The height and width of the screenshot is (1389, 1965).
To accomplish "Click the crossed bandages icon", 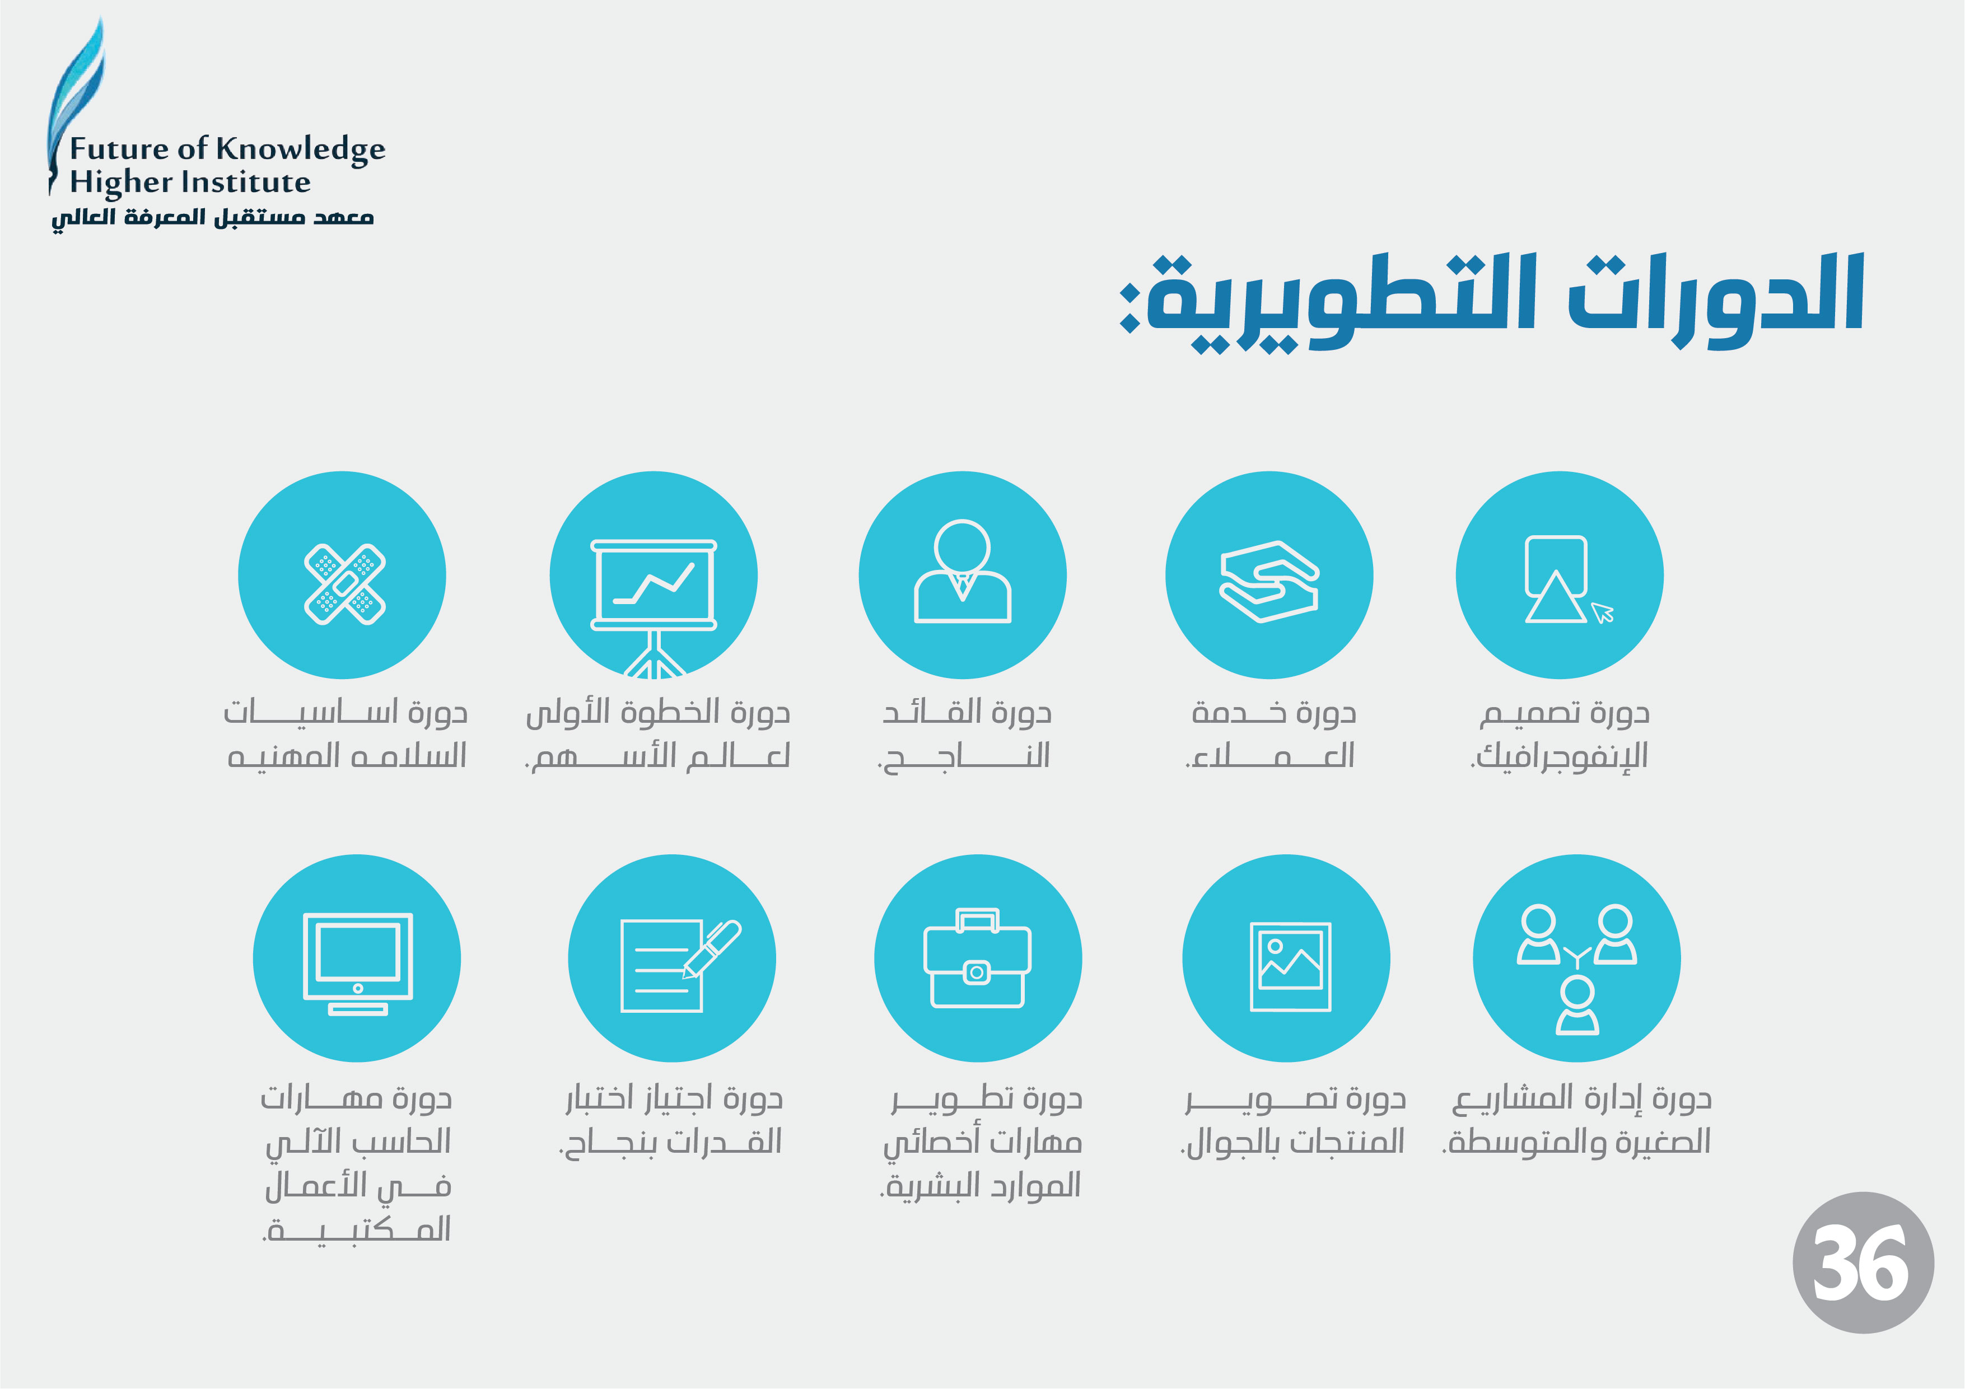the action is (x=345, y=584).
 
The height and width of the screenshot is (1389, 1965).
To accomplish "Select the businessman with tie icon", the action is (x=963, y=571).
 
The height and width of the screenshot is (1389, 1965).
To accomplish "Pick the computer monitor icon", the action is (x=358, y=964).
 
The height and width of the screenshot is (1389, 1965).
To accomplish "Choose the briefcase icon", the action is (x=977, y=958).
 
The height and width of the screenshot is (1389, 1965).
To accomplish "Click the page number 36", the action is (x=1863, y=1262).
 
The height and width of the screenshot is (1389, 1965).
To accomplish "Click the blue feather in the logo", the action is (x=75, y=94).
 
